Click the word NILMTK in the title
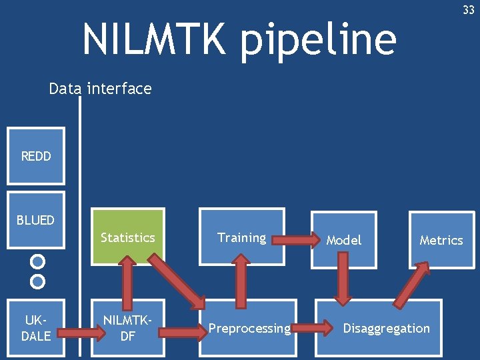(155, 39)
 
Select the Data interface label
(100, 89)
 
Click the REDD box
(36, 157)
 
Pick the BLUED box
(36, 220)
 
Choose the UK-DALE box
(36, 329)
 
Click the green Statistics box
(127, 237)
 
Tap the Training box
(241, 237)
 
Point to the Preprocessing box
(249, 328)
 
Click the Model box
(343, 240)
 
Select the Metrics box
(441, 240)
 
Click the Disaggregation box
(386, 328)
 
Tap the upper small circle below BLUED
(38, 261)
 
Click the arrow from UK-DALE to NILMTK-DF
(84, 329)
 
